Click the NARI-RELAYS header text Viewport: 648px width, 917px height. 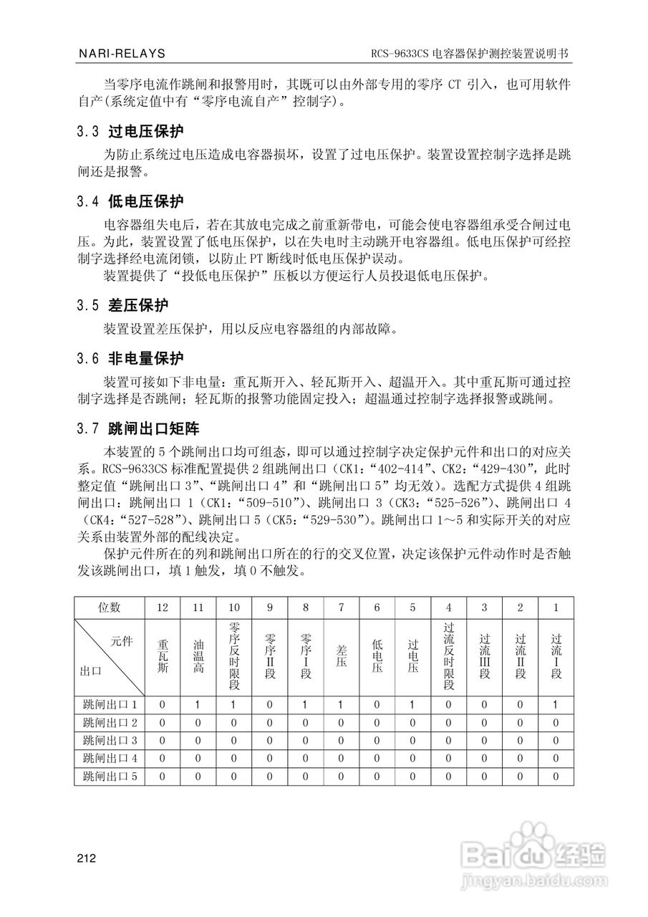point(120,54)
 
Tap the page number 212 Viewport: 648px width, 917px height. point(87,858)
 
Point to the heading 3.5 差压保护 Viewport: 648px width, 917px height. point(122,305)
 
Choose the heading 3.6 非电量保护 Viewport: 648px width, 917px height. point(130,357)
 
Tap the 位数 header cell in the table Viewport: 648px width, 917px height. point(110,607)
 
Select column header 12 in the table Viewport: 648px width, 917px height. point(163,607)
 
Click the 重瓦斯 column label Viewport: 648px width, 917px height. point(163,656)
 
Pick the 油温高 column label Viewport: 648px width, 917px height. point(198,656)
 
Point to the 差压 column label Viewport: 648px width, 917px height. point(342,656)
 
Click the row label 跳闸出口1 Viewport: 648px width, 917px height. point(110,705)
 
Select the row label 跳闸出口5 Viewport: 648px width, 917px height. point(110,776)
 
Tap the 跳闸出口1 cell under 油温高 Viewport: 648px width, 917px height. point(198,705)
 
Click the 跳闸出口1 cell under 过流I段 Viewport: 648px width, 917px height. point(556,705)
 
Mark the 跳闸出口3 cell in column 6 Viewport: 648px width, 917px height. point(377,740)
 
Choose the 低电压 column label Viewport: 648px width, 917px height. point(377,656)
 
